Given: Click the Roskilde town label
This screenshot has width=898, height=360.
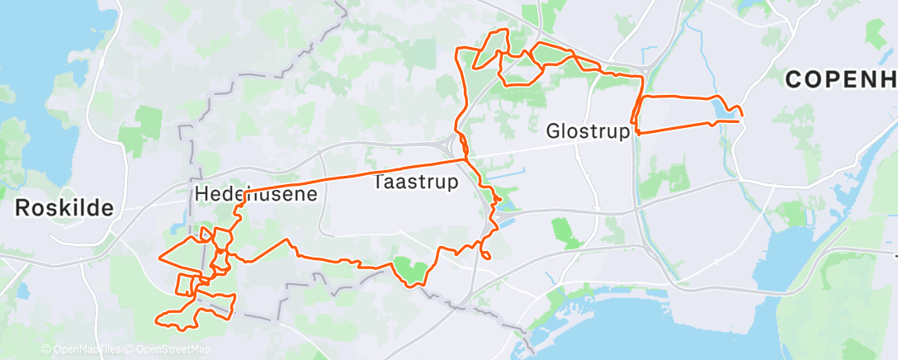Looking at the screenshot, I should click(x=64, y=208).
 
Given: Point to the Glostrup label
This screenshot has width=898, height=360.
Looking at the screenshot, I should click(x=588, y=131).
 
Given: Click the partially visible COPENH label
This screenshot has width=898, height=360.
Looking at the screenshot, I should click(x=840, y=80).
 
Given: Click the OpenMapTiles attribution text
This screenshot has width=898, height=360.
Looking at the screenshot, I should click(x=82, y=349).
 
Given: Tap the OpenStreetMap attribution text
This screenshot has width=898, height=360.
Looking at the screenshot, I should click(x=168, y=349).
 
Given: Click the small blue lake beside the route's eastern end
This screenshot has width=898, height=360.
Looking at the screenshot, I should click(x=723, y=107).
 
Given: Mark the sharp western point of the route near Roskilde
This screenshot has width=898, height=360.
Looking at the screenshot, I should click(x=158, y=258).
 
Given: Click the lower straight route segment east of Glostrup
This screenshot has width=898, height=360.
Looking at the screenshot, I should click(x=677, y=128).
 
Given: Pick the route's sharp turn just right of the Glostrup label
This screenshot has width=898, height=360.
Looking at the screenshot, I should click(x=637, y=131).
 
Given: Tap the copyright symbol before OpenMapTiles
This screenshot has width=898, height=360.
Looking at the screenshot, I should click(x=45, y=349).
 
